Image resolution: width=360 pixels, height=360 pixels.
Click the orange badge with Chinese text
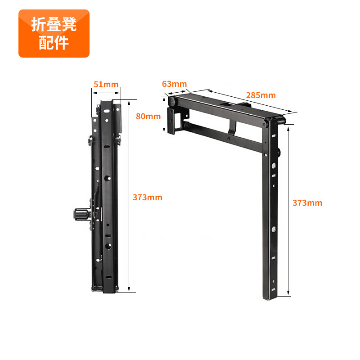[x=54, y=33]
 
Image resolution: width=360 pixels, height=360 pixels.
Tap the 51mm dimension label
[x=106, y=85]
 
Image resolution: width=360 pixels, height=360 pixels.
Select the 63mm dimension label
[x=175, y=84]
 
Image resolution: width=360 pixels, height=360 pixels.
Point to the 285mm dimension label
[x=261, y=95]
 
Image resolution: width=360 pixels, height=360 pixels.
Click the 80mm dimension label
[x=148, y=117]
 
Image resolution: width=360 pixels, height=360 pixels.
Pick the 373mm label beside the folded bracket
[x=148, y=198]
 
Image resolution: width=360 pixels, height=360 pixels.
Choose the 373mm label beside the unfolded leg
[x=307, y=203]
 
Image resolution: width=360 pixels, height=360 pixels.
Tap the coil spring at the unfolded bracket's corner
[x=282, y=121]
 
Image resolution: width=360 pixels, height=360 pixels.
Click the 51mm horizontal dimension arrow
[x=106, y=93]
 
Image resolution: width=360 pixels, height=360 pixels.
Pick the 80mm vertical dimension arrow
[x=164, y=115]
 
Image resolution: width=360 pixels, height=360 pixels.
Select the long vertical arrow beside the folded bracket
[x=129, y=196]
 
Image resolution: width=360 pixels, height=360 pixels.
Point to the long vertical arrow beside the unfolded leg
[x=288, y=211]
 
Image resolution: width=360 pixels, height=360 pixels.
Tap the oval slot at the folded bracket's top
[x=107, y=111]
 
